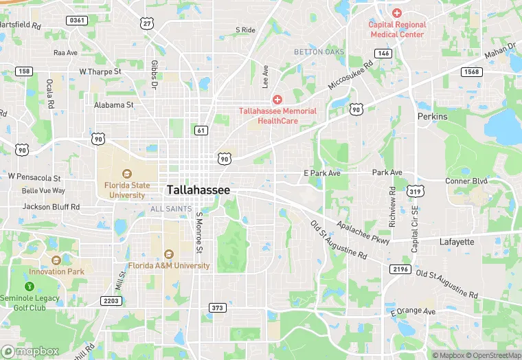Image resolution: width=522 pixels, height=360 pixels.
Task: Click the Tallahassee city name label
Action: coord(198,190)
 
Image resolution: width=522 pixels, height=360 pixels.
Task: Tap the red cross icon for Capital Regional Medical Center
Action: coord(397,13)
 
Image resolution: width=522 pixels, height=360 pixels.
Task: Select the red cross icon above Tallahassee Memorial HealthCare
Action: coord(277,100)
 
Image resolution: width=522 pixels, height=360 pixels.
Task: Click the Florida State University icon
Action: coord(126,173)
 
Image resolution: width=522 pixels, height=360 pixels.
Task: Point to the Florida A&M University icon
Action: coord(169,254)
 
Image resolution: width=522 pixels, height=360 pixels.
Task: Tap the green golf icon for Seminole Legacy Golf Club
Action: coord(29,286)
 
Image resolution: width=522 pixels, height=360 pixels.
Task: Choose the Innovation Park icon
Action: coord(56,260)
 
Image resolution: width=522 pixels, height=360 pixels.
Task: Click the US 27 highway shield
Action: coord(147,24)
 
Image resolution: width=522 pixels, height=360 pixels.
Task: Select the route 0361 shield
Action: coord(78,21)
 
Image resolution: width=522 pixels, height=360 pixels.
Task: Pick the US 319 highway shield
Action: coord(414,190)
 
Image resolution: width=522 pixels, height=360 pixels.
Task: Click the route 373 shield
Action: coord(218,308)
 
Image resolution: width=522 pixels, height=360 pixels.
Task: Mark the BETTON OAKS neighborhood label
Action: coord(319,52)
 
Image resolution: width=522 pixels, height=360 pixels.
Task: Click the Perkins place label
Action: coord(433,117)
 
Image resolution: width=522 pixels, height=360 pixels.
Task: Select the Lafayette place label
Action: coord(457,242)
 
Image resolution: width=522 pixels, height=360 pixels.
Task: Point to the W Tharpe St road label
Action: coord(100,71)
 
